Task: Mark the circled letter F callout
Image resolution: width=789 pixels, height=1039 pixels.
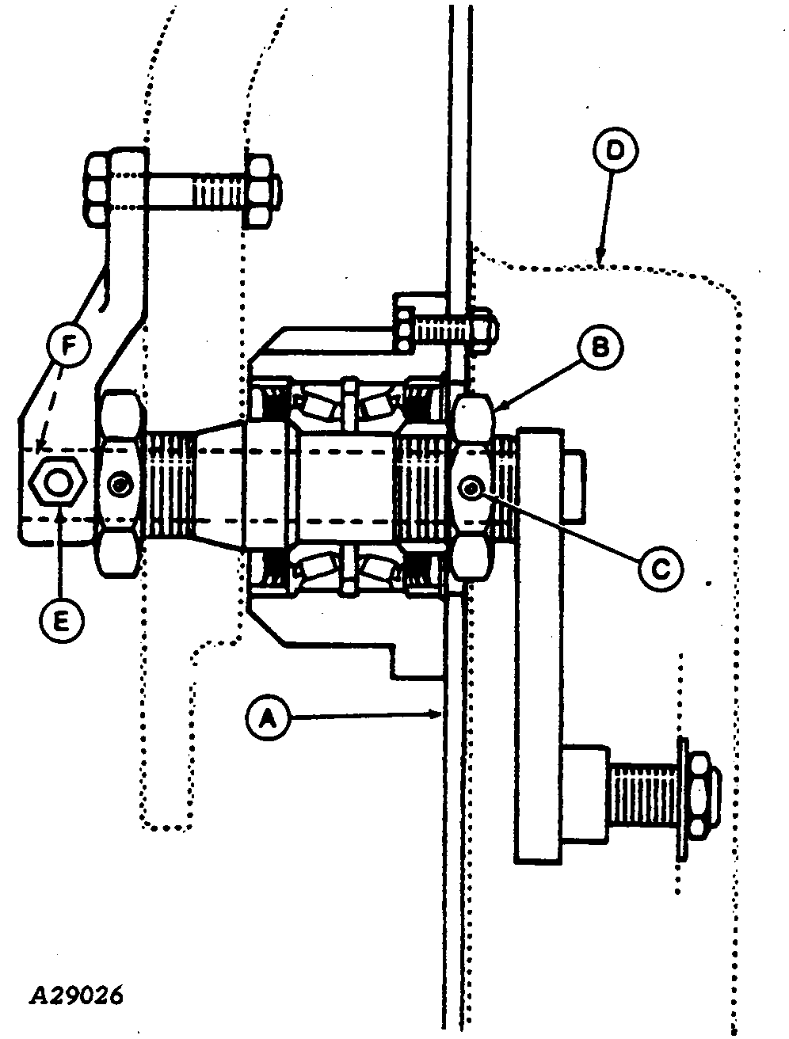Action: pos(69,345)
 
